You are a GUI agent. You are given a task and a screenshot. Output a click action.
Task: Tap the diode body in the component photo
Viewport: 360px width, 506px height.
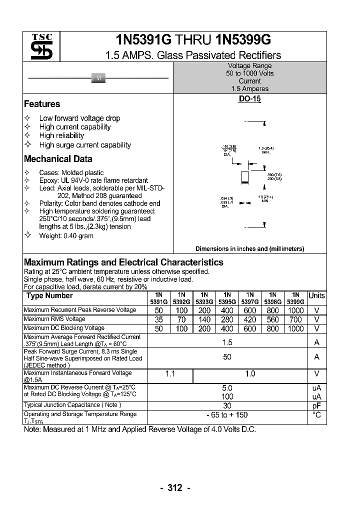pyautogui.click(x=98, y=78)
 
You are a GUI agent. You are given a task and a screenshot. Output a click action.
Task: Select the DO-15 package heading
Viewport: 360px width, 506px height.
pyautogui.click(x=249, y=99)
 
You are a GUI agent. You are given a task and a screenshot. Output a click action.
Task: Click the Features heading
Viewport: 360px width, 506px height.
pyautogui.click(x=42, y=104)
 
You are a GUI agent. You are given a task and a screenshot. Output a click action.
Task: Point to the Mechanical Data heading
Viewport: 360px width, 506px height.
pyautogui.click(x=58, y=159)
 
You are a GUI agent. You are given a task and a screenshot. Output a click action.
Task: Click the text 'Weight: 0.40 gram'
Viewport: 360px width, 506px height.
pyautogui.click(x=66, y=235)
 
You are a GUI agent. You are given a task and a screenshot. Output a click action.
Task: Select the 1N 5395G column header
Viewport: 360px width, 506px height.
pyautogui.click(x=227, y=298)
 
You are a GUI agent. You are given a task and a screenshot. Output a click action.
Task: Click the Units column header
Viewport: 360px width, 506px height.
pyautogui.click(x=316, y=295)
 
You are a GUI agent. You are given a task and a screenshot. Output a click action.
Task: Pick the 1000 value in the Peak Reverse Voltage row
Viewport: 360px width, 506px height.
pyautogui.click(x=295, y=310)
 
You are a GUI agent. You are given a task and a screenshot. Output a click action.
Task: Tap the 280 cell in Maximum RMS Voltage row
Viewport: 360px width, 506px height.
pyautogui.click(x=227, y=319)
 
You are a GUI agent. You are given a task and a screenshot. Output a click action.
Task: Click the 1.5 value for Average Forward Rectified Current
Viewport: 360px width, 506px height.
pyautogui.click(x=227, y=342)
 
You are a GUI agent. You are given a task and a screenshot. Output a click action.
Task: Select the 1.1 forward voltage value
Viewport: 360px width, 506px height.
pyautogui.click(x=170, y=374)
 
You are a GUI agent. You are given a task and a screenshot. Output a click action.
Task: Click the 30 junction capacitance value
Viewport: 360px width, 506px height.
pyautogui.click(x=227, y=406)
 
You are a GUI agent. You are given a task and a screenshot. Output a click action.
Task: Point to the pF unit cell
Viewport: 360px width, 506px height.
pyautogui.click(x=316, y=406)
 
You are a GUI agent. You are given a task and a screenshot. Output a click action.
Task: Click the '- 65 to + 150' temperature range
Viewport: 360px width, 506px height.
pyautogui.click(x=227, y=415)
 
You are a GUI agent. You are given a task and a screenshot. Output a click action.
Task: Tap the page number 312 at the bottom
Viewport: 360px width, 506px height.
pyautogui.click(x=175, y=488)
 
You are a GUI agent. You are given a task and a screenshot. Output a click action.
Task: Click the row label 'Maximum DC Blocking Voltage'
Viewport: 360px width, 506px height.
pyautogui.click(x=64, y=328)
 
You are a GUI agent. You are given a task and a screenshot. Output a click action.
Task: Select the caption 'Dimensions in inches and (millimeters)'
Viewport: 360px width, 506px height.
pyautogui.click(x=249, y=248)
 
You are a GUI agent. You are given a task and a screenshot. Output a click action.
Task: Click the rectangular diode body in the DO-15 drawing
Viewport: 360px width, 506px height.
pyautogui.click(x=244, y=176)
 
